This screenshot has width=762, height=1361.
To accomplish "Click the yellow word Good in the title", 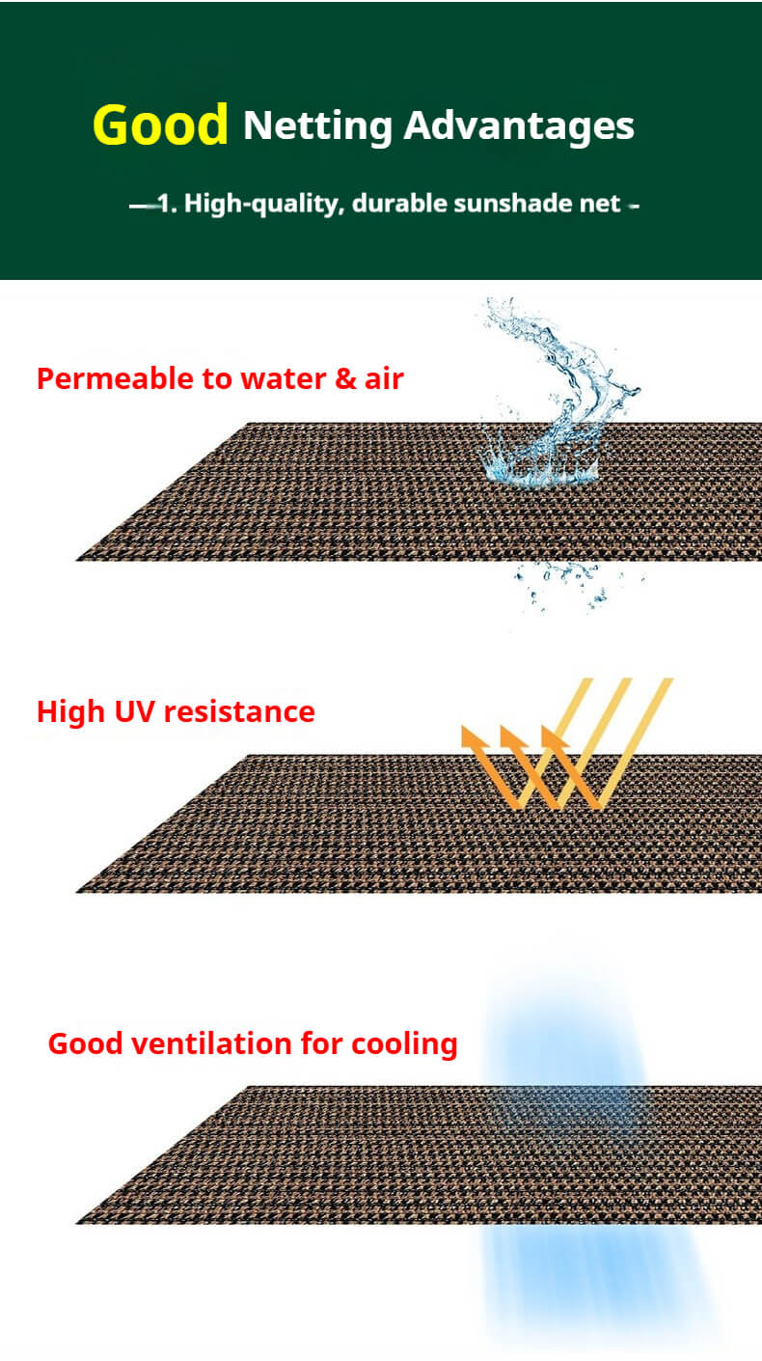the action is tap(160, 125).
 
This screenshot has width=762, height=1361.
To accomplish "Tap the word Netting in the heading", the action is tap(317, 126).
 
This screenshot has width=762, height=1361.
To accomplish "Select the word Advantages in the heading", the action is tap(519, 126).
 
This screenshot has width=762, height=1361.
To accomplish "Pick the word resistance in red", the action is tap(239, 711).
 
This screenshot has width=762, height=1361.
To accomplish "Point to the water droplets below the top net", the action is tap(568, 585).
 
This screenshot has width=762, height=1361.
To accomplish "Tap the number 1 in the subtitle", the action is tap(163, 204).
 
